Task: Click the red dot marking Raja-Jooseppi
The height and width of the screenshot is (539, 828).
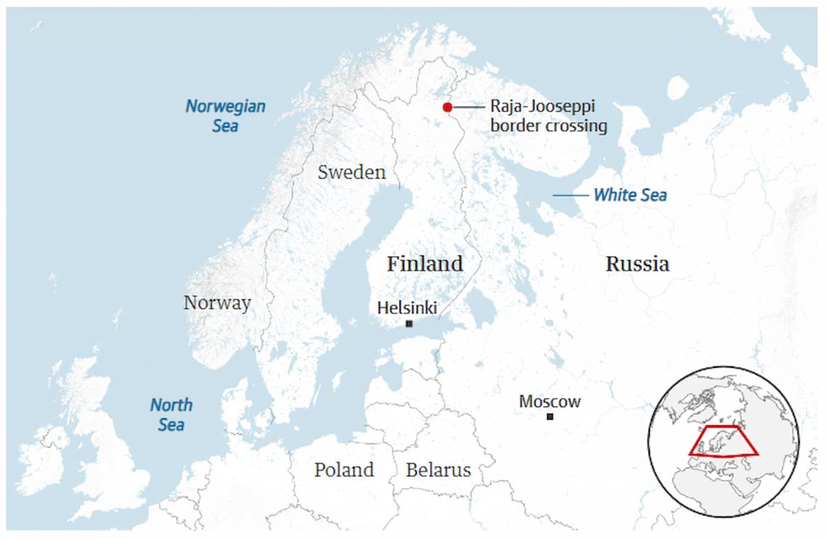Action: pos(447,107)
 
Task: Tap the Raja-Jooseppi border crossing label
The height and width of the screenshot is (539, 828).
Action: pos(548,116)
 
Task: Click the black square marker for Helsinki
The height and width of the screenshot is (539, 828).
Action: pos(409,324)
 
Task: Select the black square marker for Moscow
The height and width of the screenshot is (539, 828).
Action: pos(550,417)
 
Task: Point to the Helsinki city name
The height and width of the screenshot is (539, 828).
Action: pos(407,308)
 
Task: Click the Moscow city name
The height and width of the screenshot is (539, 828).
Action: pos(550,402)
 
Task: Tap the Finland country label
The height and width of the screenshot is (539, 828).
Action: pos(425,264)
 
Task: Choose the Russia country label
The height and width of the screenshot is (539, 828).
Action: pos(637,264)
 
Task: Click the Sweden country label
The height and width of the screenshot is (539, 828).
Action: pos(351,173)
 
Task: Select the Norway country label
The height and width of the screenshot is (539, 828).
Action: pos(217,303)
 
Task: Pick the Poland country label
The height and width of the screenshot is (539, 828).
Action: pos(344,470)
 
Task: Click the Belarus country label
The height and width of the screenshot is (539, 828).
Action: pos(438,470)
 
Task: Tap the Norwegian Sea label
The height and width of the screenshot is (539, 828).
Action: pos(226,116)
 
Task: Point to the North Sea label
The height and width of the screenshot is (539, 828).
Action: pos(171,415)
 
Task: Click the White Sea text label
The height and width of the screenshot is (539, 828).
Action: pos(630,195)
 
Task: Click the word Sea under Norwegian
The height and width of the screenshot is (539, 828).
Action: pos(225,126)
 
